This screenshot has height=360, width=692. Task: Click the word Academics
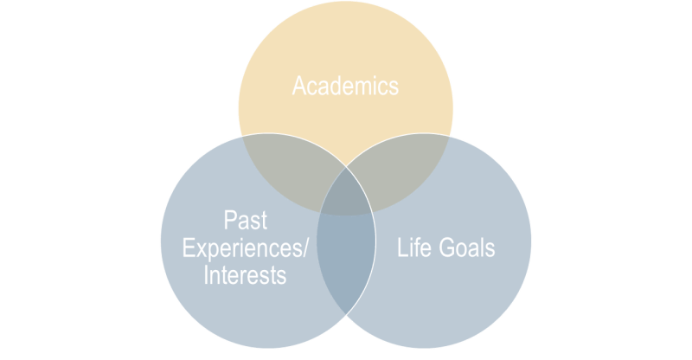(x=345, y=87)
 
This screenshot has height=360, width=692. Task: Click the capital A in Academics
(x=299, y=87)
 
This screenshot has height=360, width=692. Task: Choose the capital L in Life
(x=401, y=248)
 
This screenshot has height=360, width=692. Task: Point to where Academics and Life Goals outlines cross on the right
(x=450, y=136)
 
